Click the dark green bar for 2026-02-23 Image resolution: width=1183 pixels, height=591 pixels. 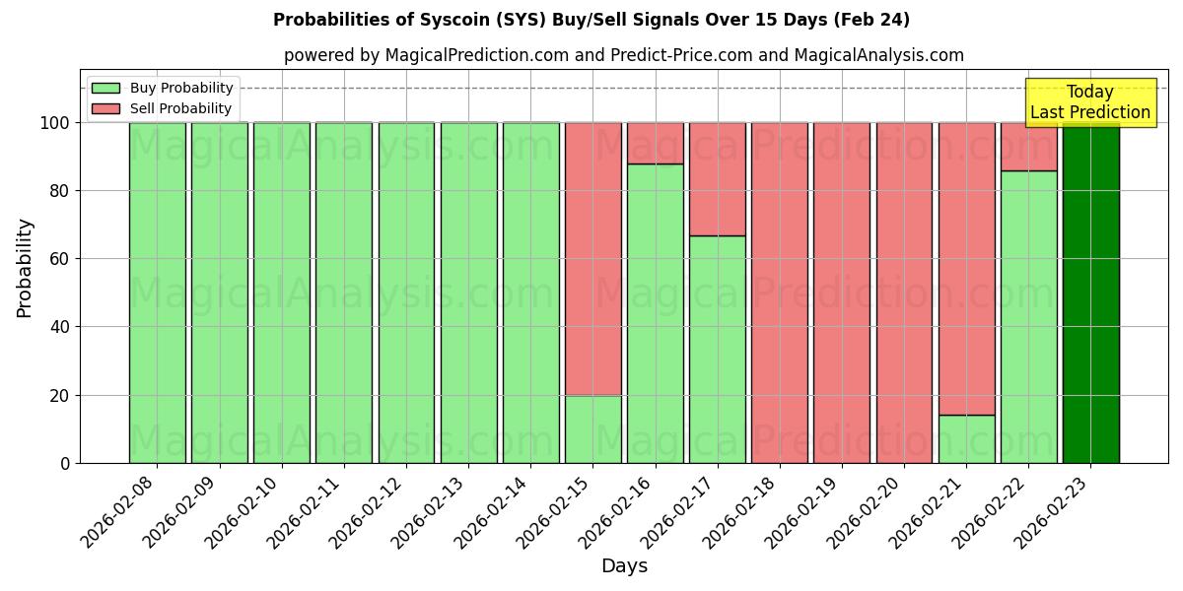tap(1090, 295)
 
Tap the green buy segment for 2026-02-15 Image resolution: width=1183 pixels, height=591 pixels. tap(593, 429)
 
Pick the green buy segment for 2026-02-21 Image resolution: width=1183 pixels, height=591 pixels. tap(966, 439)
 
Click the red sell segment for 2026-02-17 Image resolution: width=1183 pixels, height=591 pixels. tap(718, 179)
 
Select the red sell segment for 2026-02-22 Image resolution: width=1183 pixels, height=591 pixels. tap(1028, 147)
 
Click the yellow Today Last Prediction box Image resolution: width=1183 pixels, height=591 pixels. tap(1090, 102)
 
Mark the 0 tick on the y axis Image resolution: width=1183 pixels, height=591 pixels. tap(67, 464)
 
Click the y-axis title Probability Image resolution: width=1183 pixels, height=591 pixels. tap(25, 268)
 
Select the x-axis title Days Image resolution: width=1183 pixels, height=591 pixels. tap(624, 566)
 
